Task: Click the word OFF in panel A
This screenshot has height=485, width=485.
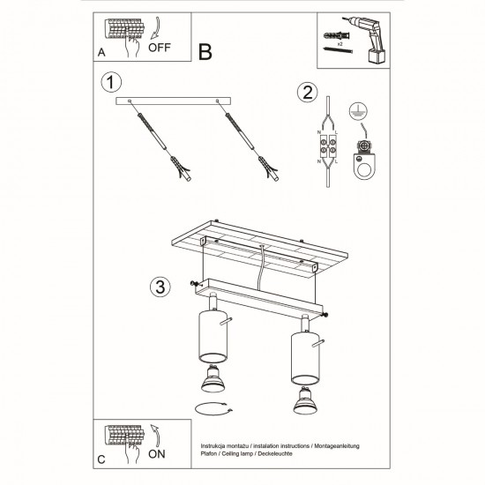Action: click(160, 49)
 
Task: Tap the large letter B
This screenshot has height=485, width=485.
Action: click(205, 51)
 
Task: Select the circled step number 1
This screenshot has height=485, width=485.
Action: click(110, 85)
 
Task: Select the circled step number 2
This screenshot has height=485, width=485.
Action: click(306, 93)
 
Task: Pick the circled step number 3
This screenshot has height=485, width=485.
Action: click(159, 287)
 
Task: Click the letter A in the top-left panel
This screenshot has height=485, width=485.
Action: click(101, 53)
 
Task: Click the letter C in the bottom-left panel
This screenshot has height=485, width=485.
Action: click(101, 459)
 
